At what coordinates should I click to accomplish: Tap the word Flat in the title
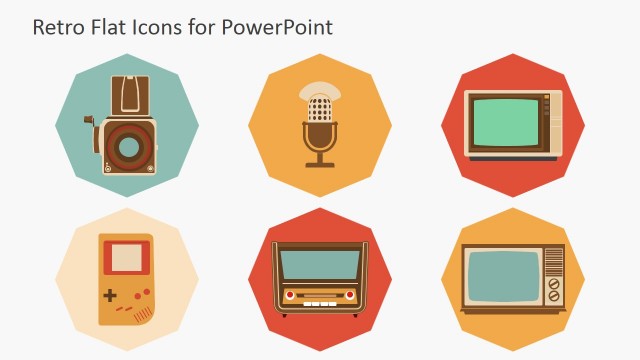coord(106,27)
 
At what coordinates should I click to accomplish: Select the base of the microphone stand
coord(320,163)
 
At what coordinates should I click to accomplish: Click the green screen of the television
coord(507,123)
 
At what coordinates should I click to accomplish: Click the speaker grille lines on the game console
coord(144,311)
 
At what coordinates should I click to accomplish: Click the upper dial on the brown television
coord(553,284)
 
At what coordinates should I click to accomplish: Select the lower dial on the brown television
coord(553,297)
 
